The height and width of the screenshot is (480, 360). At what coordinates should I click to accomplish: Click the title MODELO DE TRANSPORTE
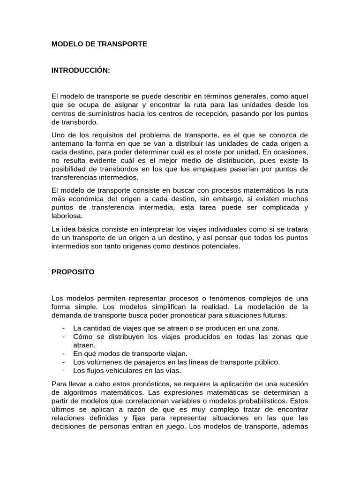tap(99, 44)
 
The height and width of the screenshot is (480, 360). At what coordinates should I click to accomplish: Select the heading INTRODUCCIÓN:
tap(81, 70)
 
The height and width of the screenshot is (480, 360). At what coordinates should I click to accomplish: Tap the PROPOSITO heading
tap(73, 272)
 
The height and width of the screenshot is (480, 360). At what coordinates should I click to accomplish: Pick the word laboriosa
tap(67, 216)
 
